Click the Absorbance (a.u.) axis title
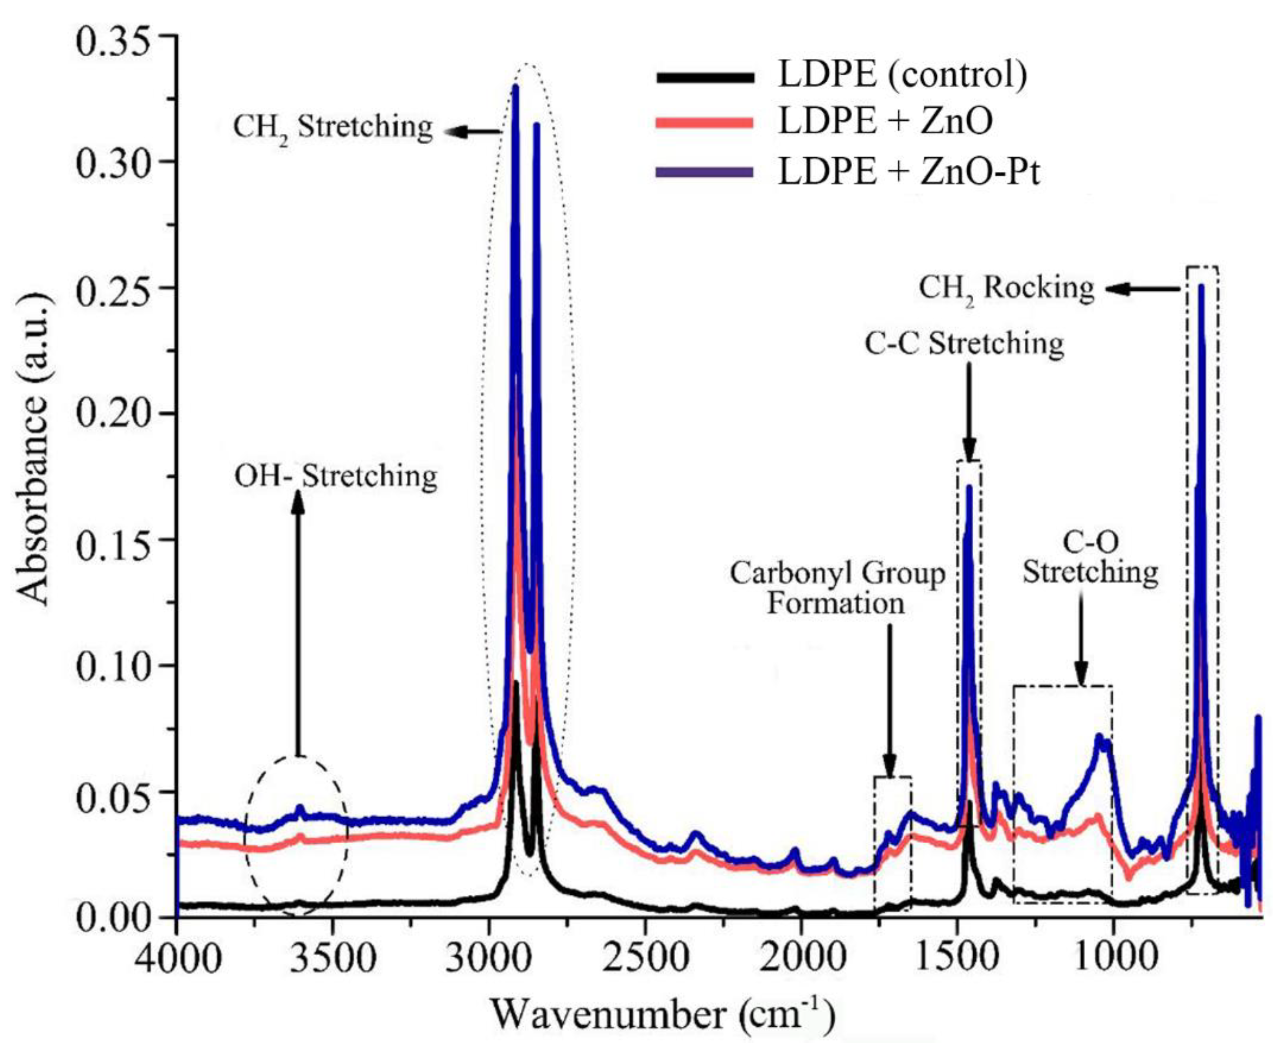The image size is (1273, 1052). pos(33,473)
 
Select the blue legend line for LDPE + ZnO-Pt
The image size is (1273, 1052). pos(704,172)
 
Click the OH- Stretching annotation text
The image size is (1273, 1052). pos(335,477)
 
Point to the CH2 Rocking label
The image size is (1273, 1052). pos(1006,288)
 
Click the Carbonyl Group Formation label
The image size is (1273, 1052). pos(837,588)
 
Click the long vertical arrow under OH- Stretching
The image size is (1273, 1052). pos(298,624)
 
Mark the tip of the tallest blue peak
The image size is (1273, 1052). pos(516,87)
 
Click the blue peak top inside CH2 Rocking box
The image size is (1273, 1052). pos(1201,286)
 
